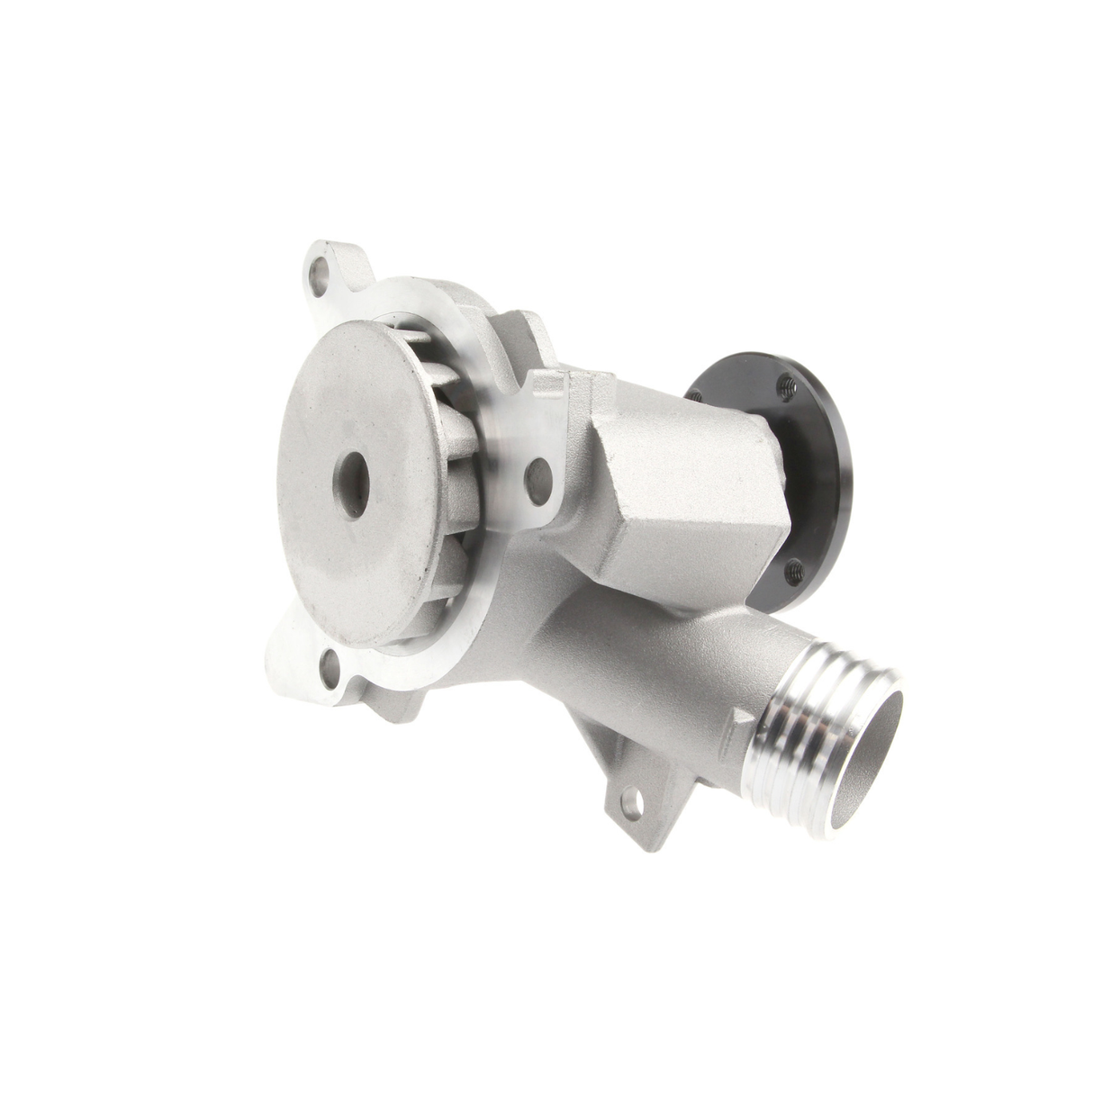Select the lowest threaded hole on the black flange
pos(792,569)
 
